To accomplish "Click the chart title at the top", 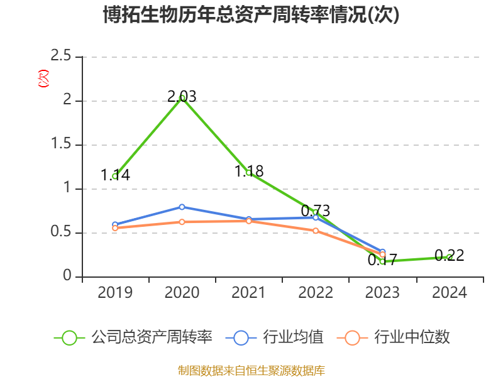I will pyautogui.click(x=251, y=15).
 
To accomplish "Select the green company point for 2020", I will pyautogui.click(x=182, y=97).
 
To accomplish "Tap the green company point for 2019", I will pyautogui.click(x=115, y=176).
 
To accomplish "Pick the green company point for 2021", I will pyautogui.click(x=248, y=172).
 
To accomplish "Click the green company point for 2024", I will pyautogui.click(x=449, y=257).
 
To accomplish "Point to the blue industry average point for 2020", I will pyautogui.click(x=182, y=207).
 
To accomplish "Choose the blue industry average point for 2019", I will pyautogui.click(x=115, y=224).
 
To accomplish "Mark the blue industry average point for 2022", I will pyautogui.click(x=316, y=217).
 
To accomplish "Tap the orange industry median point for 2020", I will pyautogui.click(x=182, y=222).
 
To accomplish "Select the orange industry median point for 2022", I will pyautogui.click(x=316, y=231).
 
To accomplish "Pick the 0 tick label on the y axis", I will pyautogui.click(x=69, y=276).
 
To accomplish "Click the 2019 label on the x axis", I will pyautogui.click(x=115, y=293).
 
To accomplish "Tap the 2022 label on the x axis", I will pyautogui.click(x=316, y=293).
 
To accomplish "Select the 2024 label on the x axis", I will pyautogui.click(x=450, y=293).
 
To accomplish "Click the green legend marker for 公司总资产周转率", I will pyautogui.click(x=69, y=337).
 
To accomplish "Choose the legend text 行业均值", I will pyautogui.click(x=293, y=337).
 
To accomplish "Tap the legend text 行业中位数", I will pyautogui.click(x=412, y=337).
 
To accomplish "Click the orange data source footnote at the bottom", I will pyautogui.click(x=251, y=370).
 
